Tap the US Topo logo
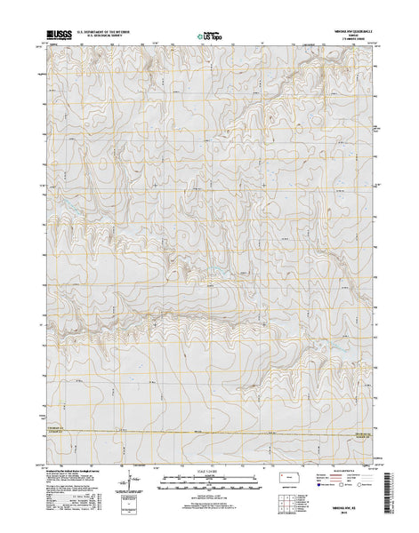pos(210,38)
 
